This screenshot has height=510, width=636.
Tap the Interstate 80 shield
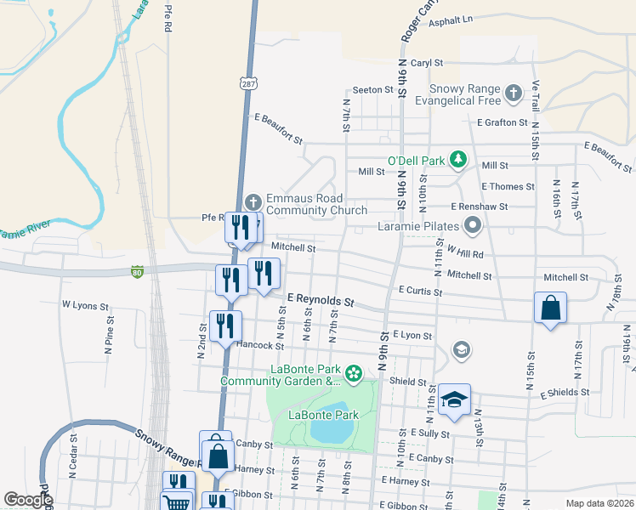137,272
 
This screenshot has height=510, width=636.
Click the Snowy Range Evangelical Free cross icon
513,92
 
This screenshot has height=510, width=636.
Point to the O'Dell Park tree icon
458,159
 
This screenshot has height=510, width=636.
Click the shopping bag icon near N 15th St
550,308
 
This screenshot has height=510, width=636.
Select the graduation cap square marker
455,400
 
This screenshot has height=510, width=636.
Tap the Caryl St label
427,63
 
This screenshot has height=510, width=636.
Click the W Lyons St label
85,304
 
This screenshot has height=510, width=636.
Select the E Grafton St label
508,122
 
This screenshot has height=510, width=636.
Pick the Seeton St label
371,90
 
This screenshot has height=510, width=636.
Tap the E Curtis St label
420,291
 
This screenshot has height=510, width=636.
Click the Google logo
28,500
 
